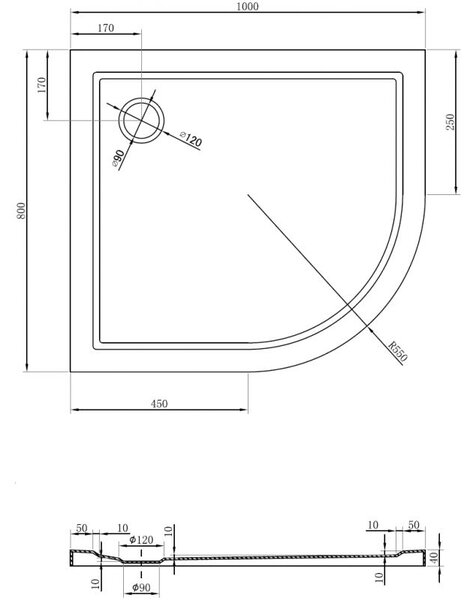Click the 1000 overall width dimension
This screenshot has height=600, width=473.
248,6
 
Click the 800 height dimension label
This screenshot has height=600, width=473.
21,210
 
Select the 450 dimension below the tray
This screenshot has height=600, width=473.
159,403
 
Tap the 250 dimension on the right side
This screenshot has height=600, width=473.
450,122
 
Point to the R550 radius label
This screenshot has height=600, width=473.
398,351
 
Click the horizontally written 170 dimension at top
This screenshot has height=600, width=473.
106,28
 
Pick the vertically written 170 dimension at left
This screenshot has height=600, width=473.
41,85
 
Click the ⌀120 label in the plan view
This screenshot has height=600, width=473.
190,139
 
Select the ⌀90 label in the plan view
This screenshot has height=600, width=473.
118,158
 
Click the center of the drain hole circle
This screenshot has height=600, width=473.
142,120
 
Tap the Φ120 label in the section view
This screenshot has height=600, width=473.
141,540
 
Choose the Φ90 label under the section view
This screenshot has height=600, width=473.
141,587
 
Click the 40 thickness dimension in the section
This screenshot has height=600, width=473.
434,558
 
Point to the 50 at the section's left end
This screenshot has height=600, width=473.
82,528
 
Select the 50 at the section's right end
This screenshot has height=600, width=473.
414,525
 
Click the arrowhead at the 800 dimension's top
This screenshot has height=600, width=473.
27,52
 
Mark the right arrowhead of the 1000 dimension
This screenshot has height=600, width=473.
422,12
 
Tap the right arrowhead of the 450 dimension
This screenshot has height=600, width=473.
244,410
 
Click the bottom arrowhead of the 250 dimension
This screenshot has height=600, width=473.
456,191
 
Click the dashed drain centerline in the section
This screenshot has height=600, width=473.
142,563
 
